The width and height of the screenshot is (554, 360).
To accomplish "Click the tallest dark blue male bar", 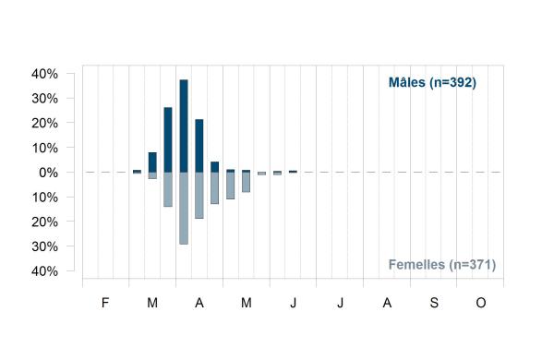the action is pos(184,126).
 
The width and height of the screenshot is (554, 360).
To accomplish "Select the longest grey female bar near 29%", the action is pos(184,208).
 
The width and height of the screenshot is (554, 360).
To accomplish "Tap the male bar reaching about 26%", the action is pos(168,139).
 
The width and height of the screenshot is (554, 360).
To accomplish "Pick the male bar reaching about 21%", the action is pos(199,146).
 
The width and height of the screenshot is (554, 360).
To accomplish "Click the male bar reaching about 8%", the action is pos(152,162).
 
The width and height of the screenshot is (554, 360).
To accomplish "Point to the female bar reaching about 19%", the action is pos(199,195).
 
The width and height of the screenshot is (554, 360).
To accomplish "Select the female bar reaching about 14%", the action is pos(168,189).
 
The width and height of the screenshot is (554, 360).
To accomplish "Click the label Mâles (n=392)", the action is pos(432,83).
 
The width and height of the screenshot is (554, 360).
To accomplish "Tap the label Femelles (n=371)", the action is pos(442,265).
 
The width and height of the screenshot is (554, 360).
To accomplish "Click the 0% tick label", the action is pos(48,173).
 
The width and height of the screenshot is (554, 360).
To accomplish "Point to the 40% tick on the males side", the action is pos(45,74).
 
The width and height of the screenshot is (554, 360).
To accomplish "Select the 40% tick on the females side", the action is pos(45,271).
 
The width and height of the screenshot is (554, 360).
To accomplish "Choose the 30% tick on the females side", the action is pos(45,246).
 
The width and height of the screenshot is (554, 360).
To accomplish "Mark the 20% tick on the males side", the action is pos(45,124).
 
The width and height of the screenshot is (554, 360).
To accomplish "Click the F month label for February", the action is pos(105,303).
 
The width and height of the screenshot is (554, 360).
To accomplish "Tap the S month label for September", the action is pos(434,303).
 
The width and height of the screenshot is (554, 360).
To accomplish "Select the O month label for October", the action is pos(481,303).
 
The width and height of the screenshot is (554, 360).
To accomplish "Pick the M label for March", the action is pos(152,303).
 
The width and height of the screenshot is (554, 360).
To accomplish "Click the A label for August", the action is pos(387,303).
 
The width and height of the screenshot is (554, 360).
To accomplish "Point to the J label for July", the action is pos(340,303).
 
